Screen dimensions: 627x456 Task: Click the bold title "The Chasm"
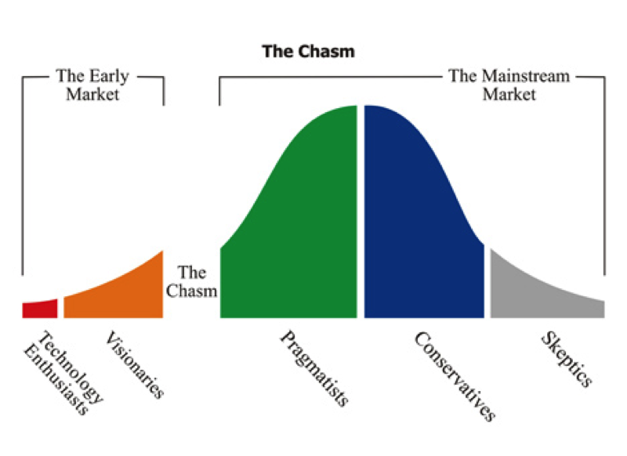click(x=308, y=52)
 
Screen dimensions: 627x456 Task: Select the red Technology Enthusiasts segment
click(x=40, y=309)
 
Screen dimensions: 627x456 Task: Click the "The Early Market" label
click(x=92, y=85)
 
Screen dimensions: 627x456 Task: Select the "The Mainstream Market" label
click(x=509, y=85)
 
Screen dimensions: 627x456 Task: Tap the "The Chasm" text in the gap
click(x=191, y=281)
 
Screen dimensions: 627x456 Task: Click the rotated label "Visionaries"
click(x=134, y=364)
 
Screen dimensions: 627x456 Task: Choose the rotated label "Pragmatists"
click(x=314, y=368)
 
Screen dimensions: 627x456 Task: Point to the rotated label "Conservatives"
click(x=455, y=376)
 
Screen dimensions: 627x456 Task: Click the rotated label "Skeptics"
click(x=566, y=360)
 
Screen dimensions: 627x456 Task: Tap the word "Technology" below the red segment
click(x=71, y=367)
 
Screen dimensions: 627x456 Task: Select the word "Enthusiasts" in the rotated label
click(x=55, y=381)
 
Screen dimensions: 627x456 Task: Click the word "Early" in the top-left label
click(x=109, y=77)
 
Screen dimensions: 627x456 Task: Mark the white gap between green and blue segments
click(x=361, y=212)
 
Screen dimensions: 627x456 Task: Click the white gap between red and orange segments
click(x=60, y=308)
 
